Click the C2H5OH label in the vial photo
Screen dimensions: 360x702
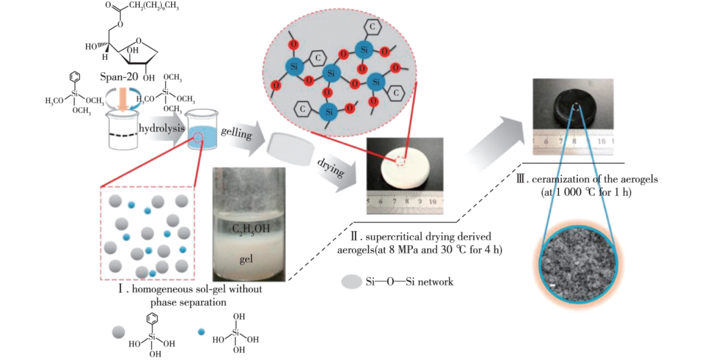(x=250, y=228)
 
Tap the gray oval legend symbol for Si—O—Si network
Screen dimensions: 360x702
(x=352, y=281)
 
